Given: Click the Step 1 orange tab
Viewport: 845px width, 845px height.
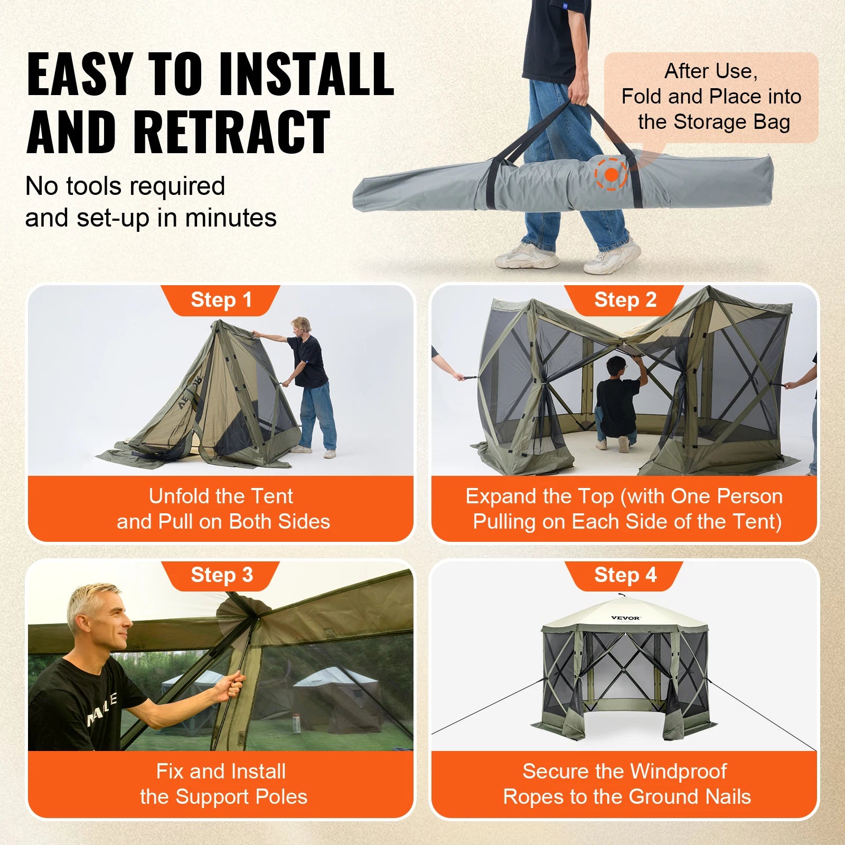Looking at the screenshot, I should [221, 300].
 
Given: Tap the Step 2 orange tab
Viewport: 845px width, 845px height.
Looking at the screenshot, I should [625, 300].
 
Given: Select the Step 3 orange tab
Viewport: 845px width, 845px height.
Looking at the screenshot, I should [221, 575].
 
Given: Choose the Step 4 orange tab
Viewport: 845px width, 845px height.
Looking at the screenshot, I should [625, 575].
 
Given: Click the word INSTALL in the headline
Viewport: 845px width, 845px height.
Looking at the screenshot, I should [306, 74].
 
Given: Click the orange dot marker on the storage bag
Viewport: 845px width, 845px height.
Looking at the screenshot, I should [611, 174].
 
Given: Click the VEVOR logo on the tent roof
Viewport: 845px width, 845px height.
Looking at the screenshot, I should [625, 617].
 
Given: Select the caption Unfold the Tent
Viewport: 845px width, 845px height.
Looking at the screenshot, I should [221, 496].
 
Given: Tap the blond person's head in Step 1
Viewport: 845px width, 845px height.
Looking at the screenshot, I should [302, 325].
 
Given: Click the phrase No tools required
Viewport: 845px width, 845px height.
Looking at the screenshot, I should [125, 186].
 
